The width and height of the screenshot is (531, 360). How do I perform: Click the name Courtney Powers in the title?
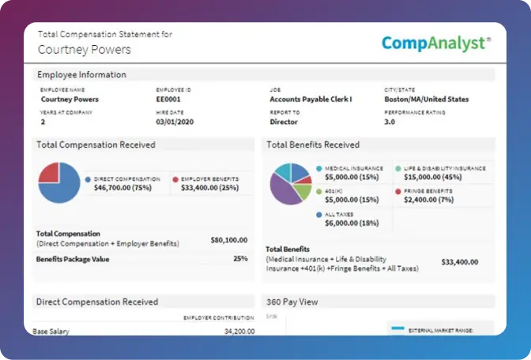pyautogui.click(x=85, y=50)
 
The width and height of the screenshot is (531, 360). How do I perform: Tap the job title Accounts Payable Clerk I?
pyautogui.click(x=311, y=99)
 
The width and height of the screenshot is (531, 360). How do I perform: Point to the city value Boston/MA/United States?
pyautogui.click(x=426, y=99)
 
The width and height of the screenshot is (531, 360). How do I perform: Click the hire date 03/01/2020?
pyautogui.click(x=175, y=122)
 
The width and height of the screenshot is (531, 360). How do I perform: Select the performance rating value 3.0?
pyautogui.click(x=390, y=122)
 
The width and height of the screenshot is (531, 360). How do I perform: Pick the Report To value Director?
pyautogui.click(x=284, y=122)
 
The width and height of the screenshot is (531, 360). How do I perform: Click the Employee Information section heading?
pyautogui.click(x=81, y=75)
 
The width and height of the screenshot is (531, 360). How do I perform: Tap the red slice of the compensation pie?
pyautogui.click(x=50, y=173)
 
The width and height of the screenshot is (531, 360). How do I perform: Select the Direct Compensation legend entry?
pyautogui.click(x=122, y=184)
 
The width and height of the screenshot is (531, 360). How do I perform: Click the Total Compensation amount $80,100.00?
pyautogui.click(x=228, y=239)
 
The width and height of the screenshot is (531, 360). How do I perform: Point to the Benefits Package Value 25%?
pyautogui.click(x=239, y=258)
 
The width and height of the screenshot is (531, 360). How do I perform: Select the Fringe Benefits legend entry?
pyautogui.click(x=430, y=195)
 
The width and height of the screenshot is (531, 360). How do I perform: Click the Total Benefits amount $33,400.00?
pyautogui.click(x=458, y=261)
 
